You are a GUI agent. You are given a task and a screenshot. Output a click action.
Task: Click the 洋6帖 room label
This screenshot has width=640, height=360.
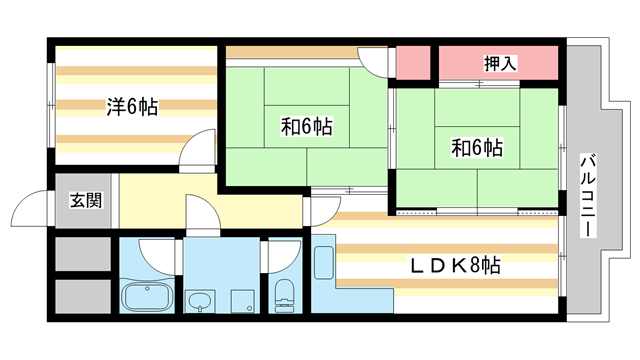pos(132,106)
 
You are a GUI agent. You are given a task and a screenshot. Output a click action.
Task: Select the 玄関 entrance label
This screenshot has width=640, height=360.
pos(85,200)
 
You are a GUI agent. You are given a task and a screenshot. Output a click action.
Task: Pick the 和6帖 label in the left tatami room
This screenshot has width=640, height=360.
pos(306,127)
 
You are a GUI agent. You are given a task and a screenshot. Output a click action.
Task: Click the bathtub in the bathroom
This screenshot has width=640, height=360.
pos(147,297)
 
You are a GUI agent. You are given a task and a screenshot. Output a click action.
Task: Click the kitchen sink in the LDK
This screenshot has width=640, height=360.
pos(324,262)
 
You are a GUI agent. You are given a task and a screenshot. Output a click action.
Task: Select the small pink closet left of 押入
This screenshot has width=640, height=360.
pos(413,63)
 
